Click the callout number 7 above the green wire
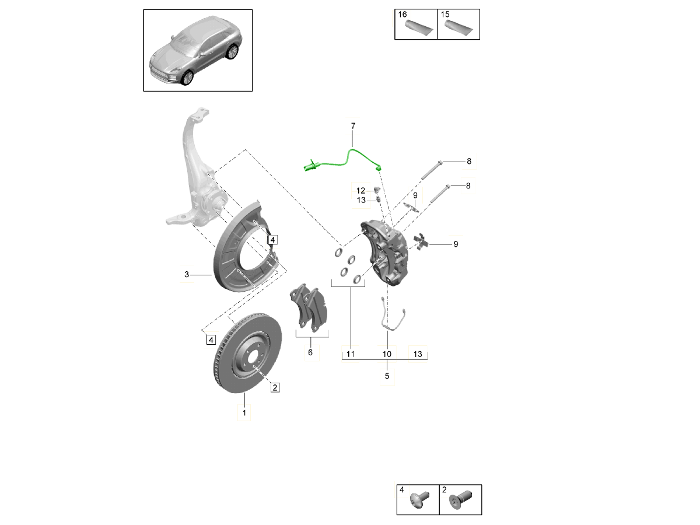[x=353, y=126]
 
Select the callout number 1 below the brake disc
[x=244, y=413]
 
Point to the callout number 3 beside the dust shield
[x=187, y=274]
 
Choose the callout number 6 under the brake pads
[x=310, y=352]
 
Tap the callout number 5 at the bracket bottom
[x=387, y=376]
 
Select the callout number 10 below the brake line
[x=387, y=354]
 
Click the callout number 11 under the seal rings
[x=351, y=354]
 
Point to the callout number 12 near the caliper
[x=361, y=190]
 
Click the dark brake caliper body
[x=388, y=251]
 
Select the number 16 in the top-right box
[x=403, y=14]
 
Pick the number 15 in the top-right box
[x=446, y=14]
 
